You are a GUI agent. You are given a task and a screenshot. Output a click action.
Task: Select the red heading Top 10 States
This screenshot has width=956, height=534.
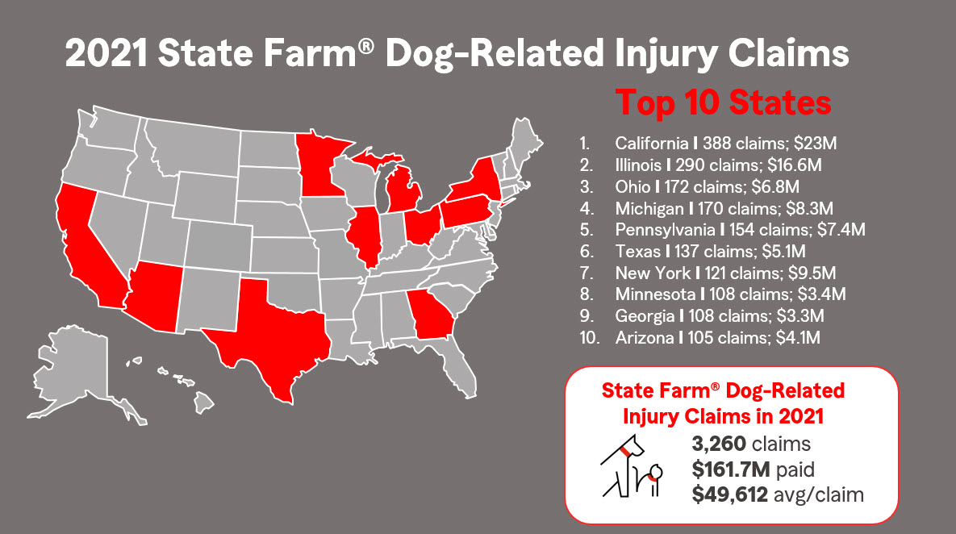tap(723, 104)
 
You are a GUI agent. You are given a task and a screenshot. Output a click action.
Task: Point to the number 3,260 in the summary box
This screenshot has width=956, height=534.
tap(719, 443)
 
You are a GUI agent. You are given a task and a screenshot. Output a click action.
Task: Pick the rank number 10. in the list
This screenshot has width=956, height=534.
tap(589, 338)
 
